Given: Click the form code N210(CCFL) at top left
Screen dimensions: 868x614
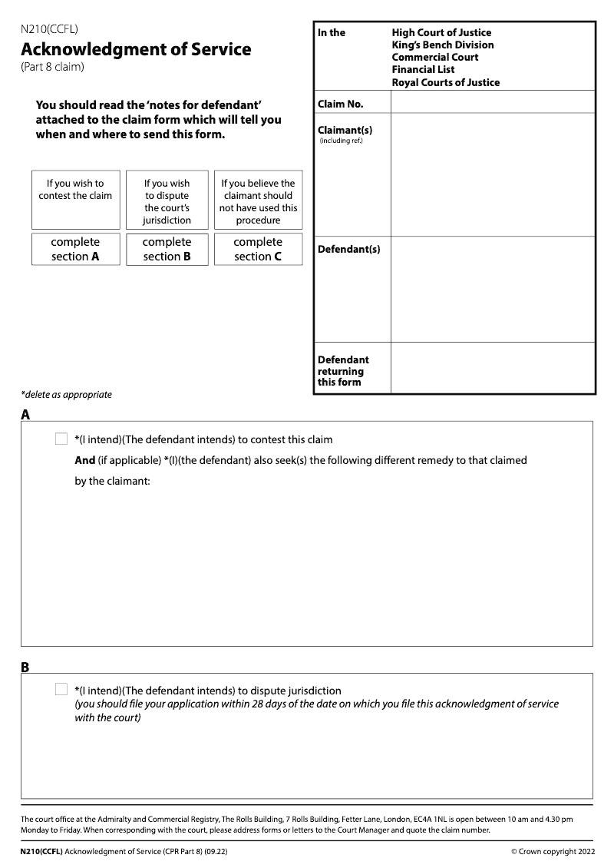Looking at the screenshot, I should [49, 30].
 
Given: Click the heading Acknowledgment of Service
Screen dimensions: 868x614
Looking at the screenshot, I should [136, 49].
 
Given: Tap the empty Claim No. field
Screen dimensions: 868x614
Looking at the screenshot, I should [492, 102].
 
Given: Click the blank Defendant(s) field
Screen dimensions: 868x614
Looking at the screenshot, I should [492, 289].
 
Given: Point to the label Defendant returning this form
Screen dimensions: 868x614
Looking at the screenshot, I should [343, 371].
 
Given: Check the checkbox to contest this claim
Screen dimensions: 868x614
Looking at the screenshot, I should [61, 439].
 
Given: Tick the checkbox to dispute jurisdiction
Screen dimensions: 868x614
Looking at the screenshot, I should [61, 690].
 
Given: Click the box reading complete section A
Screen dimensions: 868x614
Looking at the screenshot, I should [75, 250].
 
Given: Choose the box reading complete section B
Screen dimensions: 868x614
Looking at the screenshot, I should [167, 250].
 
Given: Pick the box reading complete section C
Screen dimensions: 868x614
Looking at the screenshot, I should [258, 250].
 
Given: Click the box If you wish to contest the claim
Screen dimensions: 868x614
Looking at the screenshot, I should [75, 199].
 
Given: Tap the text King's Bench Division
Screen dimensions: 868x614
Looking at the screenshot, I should [443, 45].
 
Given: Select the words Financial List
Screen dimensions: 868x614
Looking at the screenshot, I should [423, 69].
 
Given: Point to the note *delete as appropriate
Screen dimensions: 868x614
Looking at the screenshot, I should [66, 395].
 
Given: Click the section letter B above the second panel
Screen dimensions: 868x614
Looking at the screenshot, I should [25, 668].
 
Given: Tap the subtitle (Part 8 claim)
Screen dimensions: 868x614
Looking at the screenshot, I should [52, 67].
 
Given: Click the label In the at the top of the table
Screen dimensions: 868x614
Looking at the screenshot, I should [332, 32].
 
